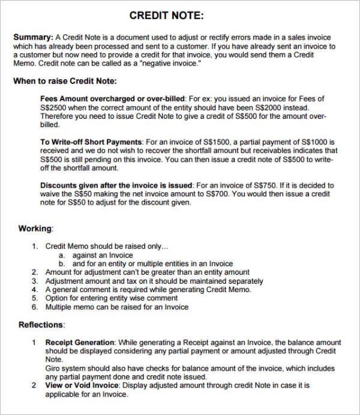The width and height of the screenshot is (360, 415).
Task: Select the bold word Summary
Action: pyautogui.click(x=32, y=37)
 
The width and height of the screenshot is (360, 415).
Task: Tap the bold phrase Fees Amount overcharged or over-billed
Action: pyautogui.click(x=113, y=98)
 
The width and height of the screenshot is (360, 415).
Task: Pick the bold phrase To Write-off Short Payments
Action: pyautogui.click(x=91, y=142)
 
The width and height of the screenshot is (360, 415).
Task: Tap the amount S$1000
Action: pyautogui.click(x=325, y=142)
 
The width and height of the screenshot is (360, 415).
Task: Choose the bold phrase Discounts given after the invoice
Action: pyautogui.click(x=116, y=186)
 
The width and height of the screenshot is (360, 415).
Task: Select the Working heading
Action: pyautogui.click(x=35, y=228)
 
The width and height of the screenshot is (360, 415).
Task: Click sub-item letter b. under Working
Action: pyautogui.click(x=62, y=264)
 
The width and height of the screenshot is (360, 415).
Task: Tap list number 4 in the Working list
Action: pyautogui.click(x=35, y=290)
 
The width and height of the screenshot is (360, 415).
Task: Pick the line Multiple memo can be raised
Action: pyautogui.click(x=117, y=307)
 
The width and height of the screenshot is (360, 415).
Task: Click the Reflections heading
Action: pyautogui.click(x=41, y=325)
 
